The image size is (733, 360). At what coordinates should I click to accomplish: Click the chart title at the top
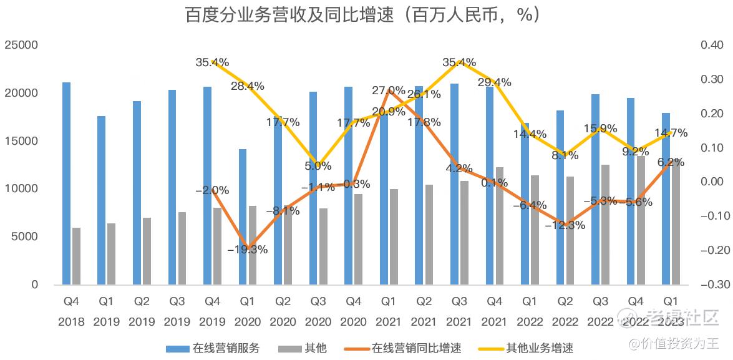[x=362, y=15]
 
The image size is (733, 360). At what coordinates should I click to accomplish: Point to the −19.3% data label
[x=248, y=250]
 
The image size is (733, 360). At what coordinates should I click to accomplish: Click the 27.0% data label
[x=389, y=90]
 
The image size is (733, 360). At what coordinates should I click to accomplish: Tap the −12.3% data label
[x=565, y=225]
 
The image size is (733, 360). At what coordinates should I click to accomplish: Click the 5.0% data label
[x=318, y=166]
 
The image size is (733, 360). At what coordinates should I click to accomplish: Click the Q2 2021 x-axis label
[x=424, y=311]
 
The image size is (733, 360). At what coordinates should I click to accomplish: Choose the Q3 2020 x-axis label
[x=318, y=311]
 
